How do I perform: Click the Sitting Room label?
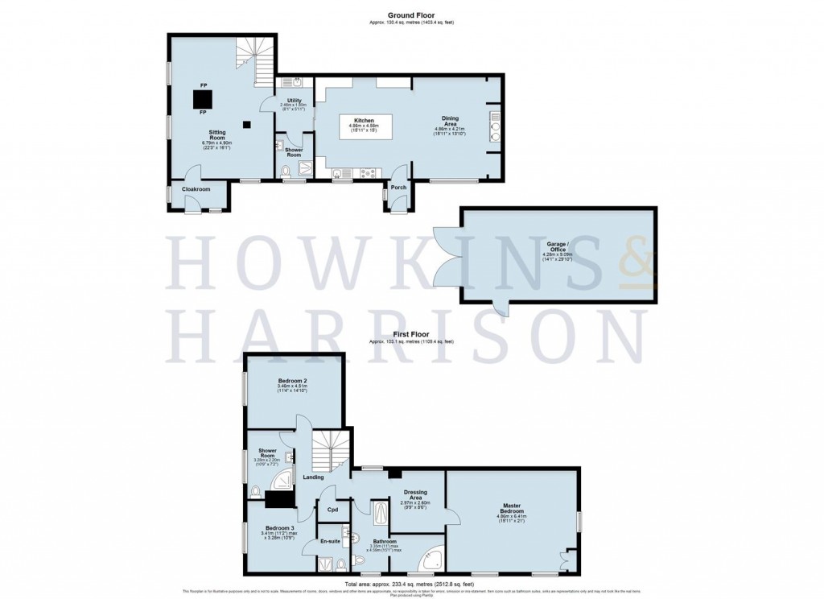(x=216, y=134)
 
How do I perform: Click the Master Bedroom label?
(x=513, y=509)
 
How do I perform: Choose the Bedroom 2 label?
(x=294, y=380)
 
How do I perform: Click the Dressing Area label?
(x=415, y=494)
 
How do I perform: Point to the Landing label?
(x=313, y=477)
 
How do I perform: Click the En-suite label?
(x=332, y=542)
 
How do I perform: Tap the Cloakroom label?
(x=196, y=189)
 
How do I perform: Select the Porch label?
(x=398, y=187)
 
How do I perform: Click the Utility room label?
(x=294, y=101)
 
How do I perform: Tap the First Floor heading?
(x=410, y=333)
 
